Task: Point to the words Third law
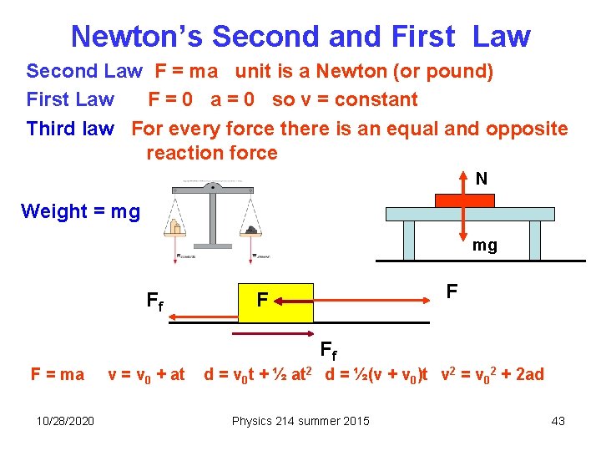[69, 129]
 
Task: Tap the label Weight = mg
[80, 211]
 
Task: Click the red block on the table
[464, 200]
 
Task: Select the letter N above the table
[482, 179]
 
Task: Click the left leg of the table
[408, 241]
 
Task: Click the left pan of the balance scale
[175, 227]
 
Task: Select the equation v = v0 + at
[147, 375]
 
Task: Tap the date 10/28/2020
[65, 420]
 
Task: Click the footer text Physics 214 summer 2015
[300, 420]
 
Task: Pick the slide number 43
[558, 420]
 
